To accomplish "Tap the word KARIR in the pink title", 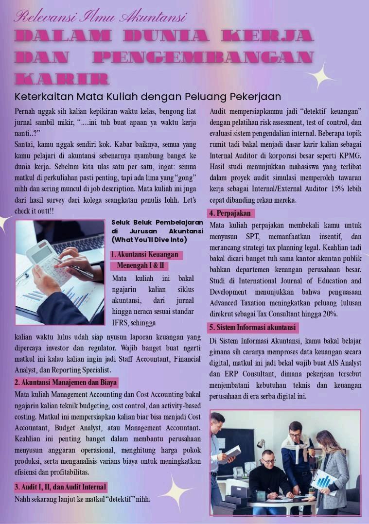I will [x=61, y=79].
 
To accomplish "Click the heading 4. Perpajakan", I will [x=232, y=213].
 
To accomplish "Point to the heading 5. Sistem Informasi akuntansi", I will [x=253, y=327].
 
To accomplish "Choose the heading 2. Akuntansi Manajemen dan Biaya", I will [x=66, y=383].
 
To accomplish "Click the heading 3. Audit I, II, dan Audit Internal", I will [x=60, y=487].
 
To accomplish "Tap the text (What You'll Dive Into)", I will [x=149, y=240].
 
